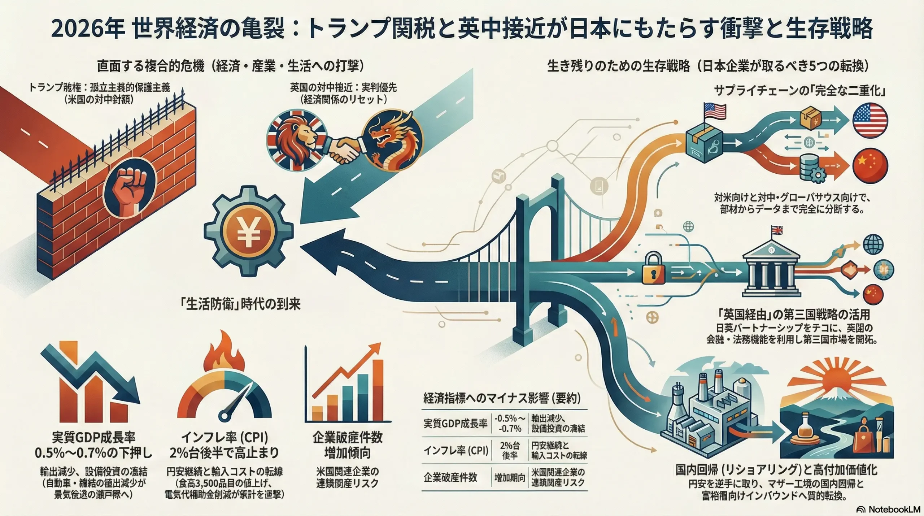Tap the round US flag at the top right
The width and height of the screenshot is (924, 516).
coord(870,120)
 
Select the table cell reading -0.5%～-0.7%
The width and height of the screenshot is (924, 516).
coord(510,424)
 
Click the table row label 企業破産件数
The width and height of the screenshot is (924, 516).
coord(450,478)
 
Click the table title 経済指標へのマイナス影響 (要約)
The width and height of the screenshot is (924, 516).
coord(502,398)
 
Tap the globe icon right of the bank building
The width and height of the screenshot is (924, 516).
coord(873,244)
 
